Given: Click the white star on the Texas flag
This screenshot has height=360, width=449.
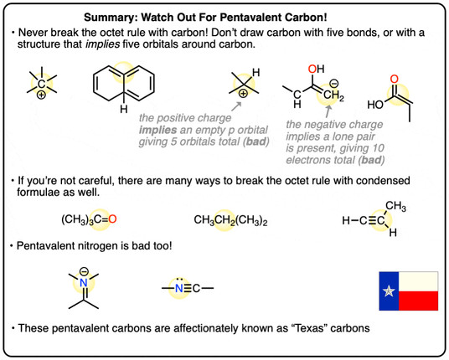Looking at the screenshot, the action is pos(389,291).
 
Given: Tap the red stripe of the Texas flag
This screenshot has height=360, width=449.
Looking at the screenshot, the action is pos(418,301).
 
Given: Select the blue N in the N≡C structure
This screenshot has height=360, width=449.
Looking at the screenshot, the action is pos(179,288).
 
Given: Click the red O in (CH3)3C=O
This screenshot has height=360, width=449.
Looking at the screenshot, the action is pos(112,219).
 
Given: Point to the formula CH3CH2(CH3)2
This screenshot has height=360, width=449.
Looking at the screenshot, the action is pos(230,220).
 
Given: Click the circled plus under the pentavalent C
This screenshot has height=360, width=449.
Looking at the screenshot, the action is pos(41,95).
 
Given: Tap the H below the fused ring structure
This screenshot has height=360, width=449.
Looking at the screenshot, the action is pos(124,109).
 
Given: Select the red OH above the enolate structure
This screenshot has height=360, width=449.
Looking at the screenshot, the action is pos(316,69).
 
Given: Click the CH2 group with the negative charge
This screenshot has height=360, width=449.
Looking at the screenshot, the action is pos(334,95).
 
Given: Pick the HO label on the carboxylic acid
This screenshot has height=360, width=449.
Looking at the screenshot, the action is pos(375,105).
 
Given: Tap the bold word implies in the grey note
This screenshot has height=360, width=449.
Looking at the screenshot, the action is pos(157,131).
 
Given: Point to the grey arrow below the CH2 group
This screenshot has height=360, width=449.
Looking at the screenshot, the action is pos(328,112).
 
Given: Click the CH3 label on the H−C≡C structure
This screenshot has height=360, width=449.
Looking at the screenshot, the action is pos(395,206).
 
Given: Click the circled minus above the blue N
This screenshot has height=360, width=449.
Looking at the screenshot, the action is pos(84,270).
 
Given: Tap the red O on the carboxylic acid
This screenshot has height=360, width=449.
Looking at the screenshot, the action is pos(395,79).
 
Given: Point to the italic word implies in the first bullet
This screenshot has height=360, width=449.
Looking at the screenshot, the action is pos(102,44).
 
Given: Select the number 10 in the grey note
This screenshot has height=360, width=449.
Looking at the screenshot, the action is pos(378,148).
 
